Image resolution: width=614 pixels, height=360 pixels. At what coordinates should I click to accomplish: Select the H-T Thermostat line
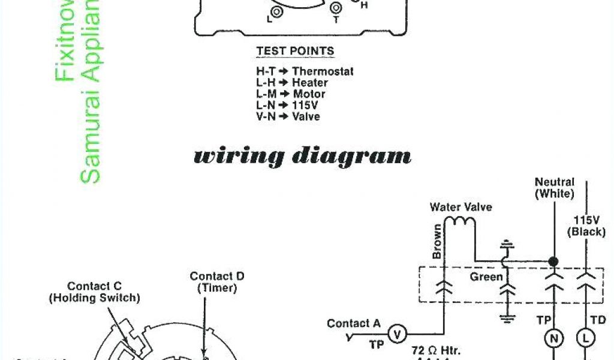tap(305, 71)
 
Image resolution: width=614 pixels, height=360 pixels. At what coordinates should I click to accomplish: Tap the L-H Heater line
tap(292, 83)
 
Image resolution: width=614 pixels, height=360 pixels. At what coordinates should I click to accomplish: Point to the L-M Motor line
tap(291, 94)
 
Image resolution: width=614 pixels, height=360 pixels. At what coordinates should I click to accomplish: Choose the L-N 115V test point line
tap(288, 106)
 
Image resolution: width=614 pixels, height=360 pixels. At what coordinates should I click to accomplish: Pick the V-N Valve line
tap(288, 117)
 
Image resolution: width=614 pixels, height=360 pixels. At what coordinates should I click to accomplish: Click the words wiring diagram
tap(302, 157)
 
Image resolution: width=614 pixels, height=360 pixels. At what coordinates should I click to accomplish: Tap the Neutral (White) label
tap(555, 188)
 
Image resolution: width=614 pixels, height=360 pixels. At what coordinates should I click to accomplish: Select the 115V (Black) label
tap(586, 226)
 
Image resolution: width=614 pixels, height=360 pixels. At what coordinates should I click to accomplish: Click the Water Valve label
tap(460, 208)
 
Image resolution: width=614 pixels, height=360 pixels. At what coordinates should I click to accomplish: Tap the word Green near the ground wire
tap(486, 277)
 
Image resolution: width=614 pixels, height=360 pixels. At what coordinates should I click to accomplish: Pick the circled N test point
tap(554, 339)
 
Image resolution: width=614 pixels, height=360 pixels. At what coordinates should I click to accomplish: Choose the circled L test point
tap(585, 339)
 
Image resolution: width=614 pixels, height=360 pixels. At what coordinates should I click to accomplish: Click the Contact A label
tap(354, 324)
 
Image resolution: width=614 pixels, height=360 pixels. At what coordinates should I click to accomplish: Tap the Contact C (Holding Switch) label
tap(95, 292)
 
